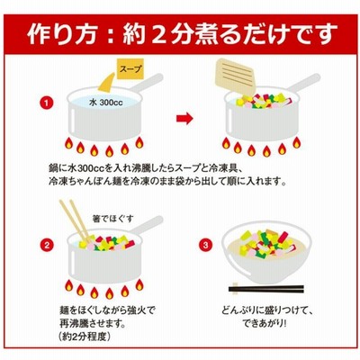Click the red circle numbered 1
[47, 103]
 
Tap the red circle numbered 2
[47, 246]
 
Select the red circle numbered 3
[205, 246]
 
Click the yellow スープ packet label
[130, 69]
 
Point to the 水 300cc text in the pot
[106, 103]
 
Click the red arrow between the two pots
[184, 119]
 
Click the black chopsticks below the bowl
[266, 289]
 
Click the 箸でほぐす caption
[112, 219]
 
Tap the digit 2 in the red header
[157, 33]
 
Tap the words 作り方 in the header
[62, 33]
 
